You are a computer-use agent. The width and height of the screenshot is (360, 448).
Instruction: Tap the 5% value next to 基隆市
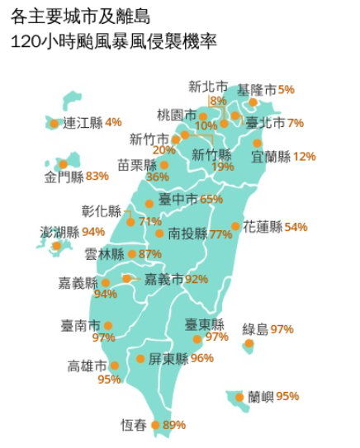coord(287,89)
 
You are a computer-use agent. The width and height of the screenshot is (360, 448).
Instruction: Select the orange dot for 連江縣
coord(54,124)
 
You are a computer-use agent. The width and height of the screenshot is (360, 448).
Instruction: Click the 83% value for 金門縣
coord(97,176)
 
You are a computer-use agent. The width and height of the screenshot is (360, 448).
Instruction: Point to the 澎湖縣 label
coord(59,232)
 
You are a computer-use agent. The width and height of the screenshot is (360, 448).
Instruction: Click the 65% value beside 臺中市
coord(212,199)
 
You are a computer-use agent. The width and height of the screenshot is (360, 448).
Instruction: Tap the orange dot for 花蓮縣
coord(236,226)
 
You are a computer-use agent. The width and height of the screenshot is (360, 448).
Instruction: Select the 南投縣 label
coord(187,234)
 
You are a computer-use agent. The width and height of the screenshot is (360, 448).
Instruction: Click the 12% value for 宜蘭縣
coord(305,156)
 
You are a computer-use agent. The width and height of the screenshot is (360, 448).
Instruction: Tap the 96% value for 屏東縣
coord(202,359)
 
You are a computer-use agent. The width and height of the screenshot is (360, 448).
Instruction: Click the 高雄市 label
coord(88,365)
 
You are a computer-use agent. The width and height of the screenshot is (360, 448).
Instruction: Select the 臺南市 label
coord(81,325)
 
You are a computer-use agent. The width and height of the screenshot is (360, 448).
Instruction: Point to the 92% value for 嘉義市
coord(197,280)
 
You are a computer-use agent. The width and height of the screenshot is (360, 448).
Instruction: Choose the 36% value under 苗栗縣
coord(157,177)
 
